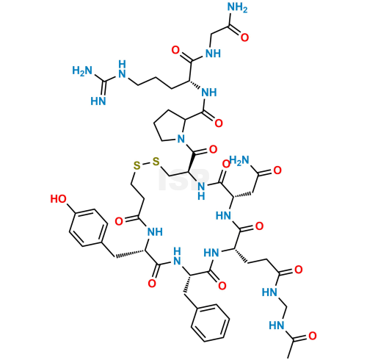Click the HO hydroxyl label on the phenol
(58, 199)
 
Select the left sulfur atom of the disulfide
(137, 165)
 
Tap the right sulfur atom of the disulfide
(156, 162)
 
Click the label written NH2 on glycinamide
(237, 7)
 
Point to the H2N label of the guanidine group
(82, 71)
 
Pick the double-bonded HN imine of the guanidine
(98, 101)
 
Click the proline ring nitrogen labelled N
(181, 139)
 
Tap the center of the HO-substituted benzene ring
(88, 228)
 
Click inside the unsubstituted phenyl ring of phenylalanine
(211, 323)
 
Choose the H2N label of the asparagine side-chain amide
(239, 161)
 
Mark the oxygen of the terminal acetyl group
(313, 336)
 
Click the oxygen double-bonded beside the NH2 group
(244, 37)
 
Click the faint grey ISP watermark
(184, 179)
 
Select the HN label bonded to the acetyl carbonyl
(276, 325)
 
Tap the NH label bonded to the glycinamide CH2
(213, 54)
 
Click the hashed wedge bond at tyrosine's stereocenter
(130, 254)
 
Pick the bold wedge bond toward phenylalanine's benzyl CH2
(187, 283)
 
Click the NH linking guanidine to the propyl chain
(122, 69)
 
